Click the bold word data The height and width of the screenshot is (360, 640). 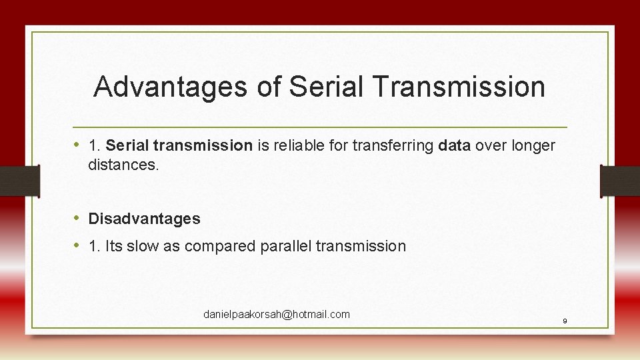tap(455, 145)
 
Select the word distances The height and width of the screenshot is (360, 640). tap(123, 165)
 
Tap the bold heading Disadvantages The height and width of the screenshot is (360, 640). tap(144, 219)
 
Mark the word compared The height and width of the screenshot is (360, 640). tap(217, 246)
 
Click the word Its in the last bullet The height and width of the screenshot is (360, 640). tap(114, 246)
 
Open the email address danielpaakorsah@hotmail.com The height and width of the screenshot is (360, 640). tap(277, 314)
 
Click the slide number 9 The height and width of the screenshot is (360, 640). tap(565, 321)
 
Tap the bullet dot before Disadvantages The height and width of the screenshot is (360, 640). tap(78, 218)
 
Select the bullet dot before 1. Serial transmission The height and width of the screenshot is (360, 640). tap(78, 145)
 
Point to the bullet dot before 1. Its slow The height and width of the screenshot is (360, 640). tap(78, 245)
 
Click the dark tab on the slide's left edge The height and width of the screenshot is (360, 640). tap(19, 181)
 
